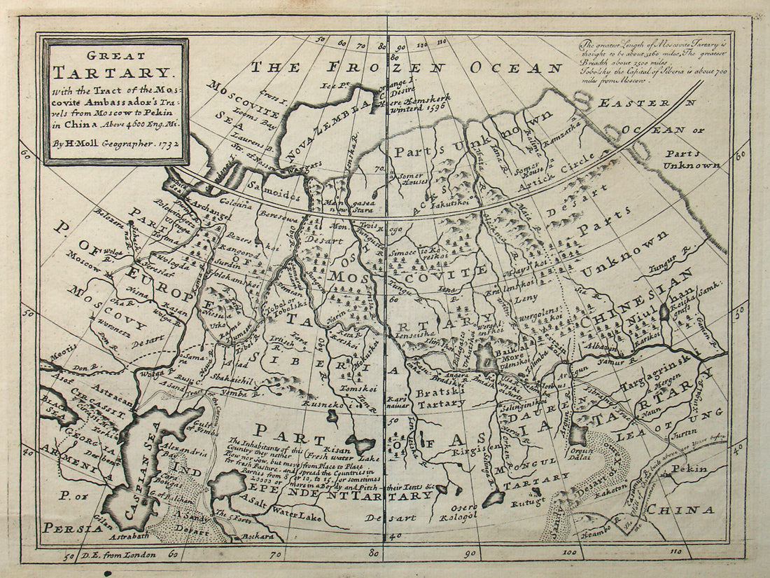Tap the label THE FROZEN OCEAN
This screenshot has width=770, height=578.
(x=407, y=68)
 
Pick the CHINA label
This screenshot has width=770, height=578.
(x=680, y=510)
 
